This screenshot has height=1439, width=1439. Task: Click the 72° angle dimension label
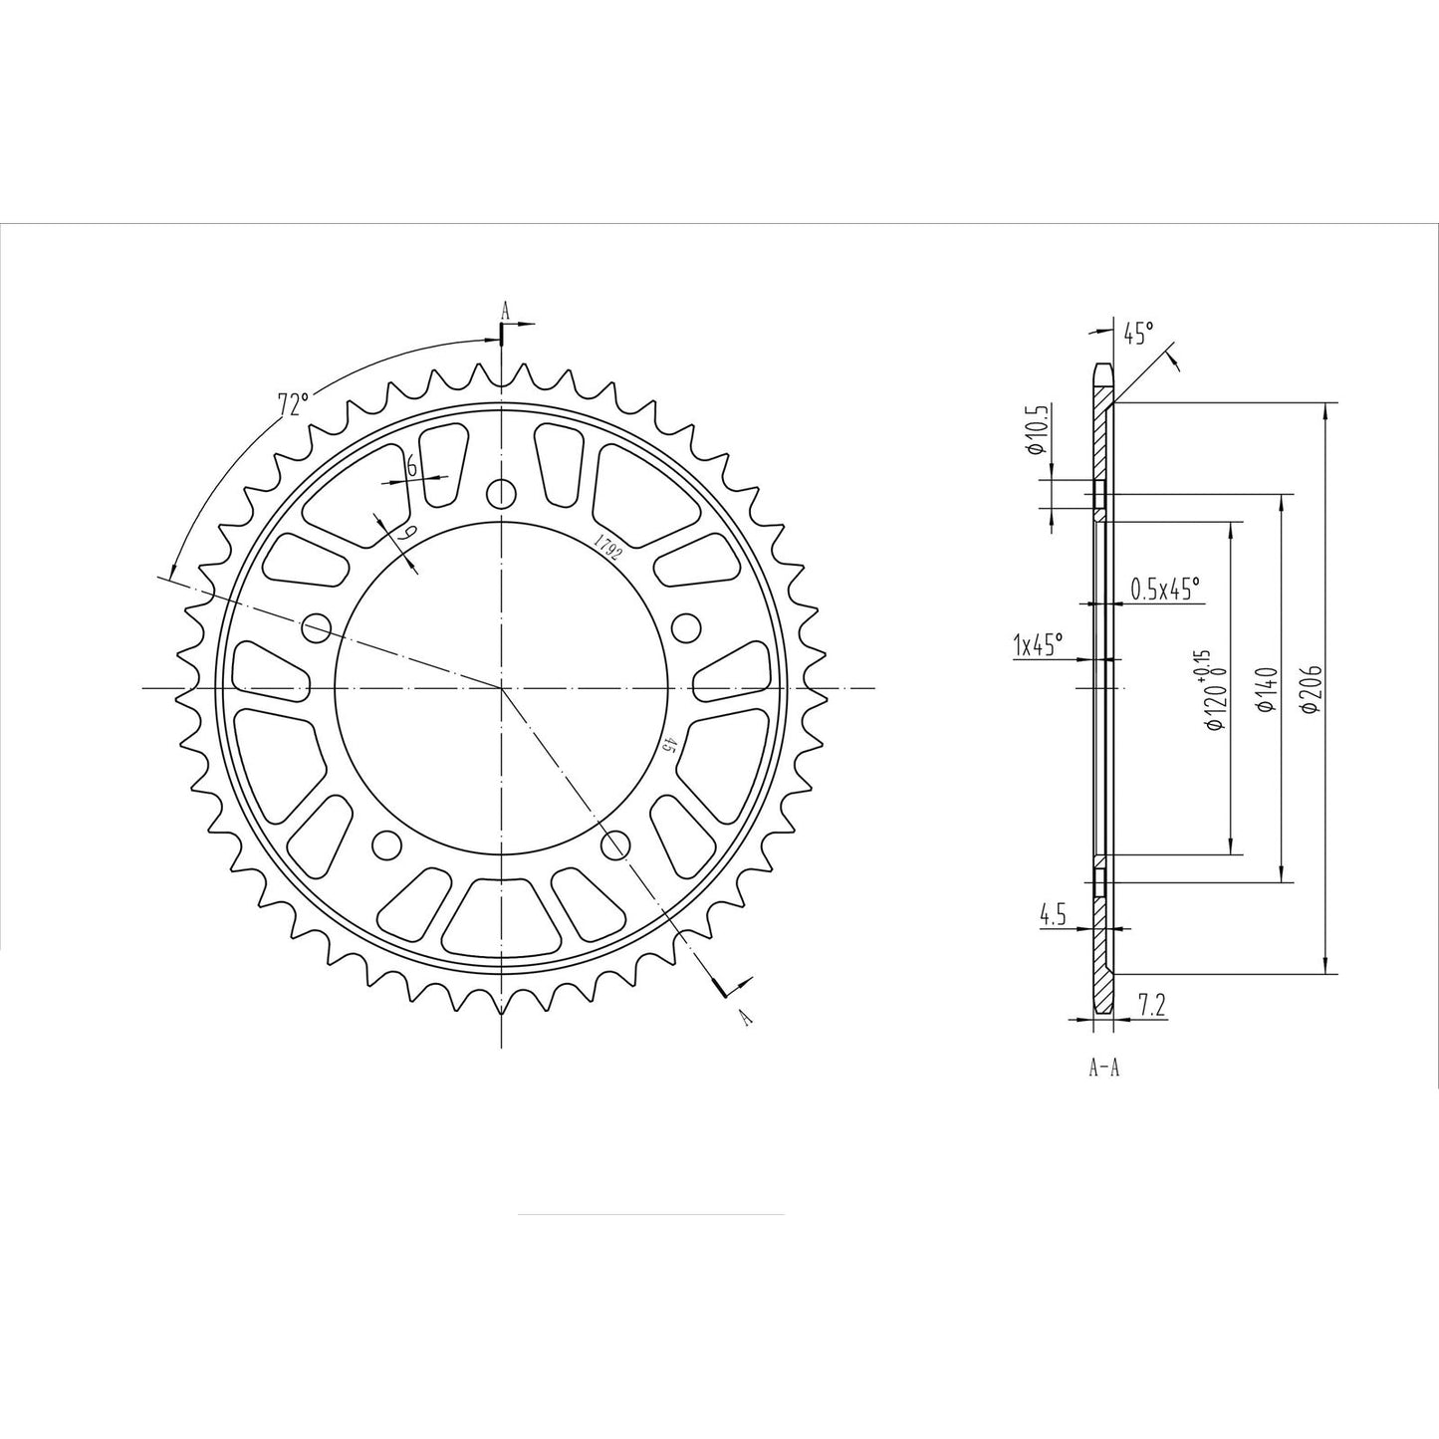click(x=293, y=404)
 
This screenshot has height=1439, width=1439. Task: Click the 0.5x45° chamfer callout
click(x=1165, y=590)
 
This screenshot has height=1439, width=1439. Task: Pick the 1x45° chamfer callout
click(x=1037, y=644)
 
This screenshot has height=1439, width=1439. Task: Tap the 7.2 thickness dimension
click(x=1151, y=1008)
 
